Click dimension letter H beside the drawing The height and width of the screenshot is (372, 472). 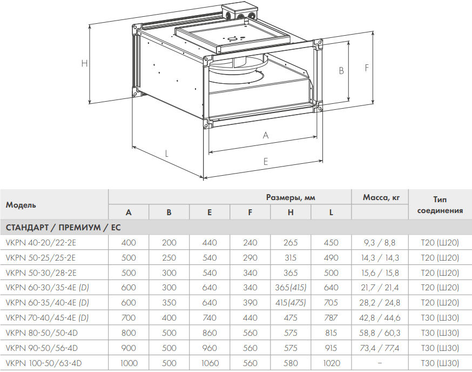coord(85,63)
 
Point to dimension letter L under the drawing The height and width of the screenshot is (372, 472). coord(166,154)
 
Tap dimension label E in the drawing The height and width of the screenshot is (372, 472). coord(266,162)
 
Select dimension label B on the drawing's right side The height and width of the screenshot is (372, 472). coord(341,70)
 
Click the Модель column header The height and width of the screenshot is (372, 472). coord(21,205)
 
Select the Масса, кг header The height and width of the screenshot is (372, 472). coord(381,197)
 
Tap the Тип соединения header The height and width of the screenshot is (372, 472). coord(440,205)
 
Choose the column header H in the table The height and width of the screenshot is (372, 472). coord(291,212)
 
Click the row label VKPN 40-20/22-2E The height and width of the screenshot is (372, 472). coord(41,243)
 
